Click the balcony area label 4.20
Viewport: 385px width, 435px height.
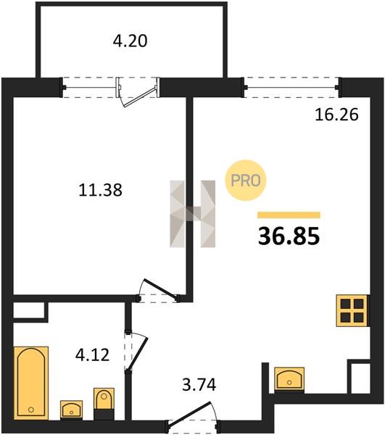130,41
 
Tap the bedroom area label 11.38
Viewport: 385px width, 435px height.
100,190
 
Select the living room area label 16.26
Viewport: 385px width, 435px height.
336,115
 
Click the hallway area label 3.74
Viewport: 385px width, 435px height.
199,385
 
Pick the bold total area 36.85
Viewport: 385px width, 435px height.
289,236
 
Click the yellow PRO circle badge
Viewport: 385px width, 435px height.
246,181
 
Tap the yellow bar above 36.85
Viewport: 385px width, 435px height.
289,215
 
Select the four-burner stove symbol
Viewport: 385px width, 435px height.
352,310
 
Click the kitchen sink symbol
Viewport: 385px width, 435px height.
289,379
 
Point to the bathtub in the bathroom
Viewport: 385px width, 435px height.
30,383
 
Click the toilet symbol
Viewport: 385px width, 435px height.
104,404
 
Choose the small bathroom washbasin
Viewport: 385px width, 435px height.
71,410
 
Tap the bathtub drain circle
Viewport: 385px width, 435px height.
30,409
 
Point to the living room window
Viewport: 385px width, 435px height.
291,88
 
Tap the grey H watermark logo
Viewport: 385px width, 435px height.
193,214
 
